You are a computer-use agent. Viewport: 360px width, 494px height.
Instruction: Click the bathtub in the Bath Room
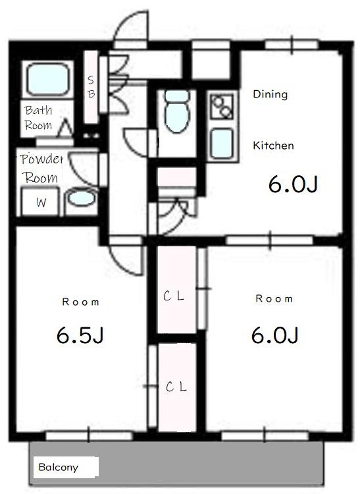tap(47, 79)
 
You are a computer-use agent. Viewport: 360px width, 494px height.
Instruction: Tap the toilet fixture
tap(177, 111)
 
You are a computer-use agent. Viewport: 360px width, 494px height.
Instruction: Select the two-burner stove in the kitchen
tap(222, 107)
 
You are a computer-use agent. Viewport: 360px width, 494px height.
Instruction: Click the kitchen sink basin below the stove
tap(222, 144)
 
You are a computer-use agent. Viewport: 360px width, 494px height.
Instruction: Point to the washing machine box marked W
tap(40, 202)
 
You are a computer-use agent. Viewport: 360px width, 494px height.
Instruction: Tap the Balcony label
tap(58, 467)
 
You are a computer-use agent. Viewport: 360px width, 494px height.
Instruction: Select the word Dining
tap(270, 94)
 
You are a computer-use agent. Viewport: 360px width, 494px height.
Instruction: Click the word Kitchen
tap(273, 146)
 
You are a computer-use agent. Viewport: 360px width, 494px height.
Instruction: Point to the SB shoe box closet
tap(91, 87)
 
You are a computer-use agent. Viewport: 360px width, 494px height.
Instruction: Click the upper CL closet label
tap(173, 296)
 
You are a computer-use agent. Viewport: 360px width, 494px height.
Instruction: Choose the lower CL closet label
tap(176, 387)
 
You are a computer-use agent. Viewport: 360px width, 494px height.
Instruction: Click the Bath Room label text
tap(38, 117)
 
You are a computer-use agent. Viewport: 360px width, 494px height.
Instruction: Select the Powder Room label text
tap(41, 168)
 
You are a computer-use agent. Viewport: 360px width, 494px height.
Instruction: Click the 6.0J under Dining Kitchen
tap(293, 184)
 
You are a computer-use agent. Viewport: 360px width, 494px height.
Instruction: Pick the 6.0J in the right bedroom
tap(274, 335)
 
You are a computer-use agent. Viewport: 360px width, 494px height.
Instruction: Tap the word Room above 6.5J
tap(80, 302)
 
